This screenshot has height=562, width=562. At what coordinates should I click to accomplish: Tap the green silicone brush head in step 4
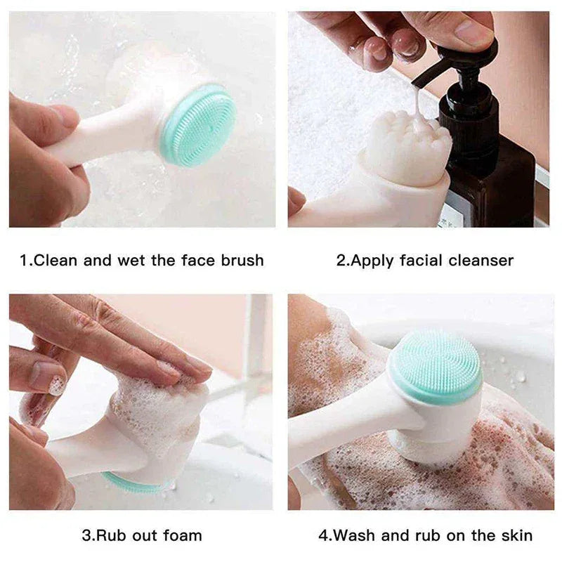tap(437, 367)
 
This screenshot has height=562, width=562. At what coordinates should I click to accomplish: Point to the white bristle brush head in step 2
tap(407, 148)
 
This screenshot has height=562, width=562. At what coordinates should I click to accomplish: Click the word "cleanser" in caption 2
tap(482, 261)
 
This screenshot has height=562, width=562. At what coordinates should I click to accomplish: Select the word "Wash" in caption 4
tap(354, 535)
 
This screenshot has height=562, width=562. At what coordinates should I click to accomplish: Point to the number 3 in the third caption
tap(86, 535)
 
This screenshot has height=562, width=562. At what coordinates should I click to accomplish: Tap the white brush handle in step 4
tap(344, 421)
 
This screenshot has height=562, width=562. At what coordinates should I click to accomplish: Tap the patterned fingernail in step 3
tap(56, 385)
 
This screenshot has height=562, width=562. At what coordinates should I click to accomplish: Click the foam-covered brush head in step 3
tap(158, 414)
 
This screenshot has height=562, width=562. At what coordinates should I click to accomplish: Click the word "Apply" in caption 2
tap(372, 261)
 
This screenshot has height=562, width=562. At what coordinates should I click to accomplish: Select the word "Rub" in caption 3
tap(111, 535)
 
